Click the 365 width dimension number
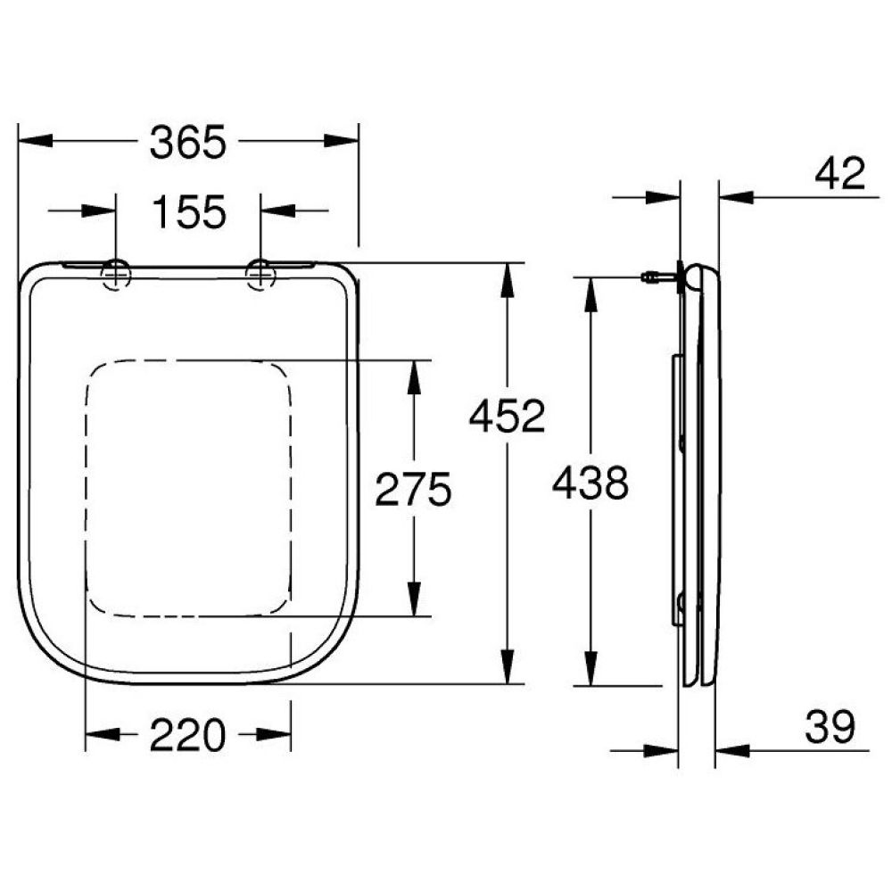(187, 142)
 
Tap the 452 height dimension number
(507, 417)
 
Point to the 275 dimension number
(413, 489)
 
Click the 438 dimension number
(591, 483)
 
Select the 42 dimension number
(839, 174)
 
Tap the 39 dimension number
(830, 728)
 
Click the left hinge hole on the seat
(116, 273)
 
